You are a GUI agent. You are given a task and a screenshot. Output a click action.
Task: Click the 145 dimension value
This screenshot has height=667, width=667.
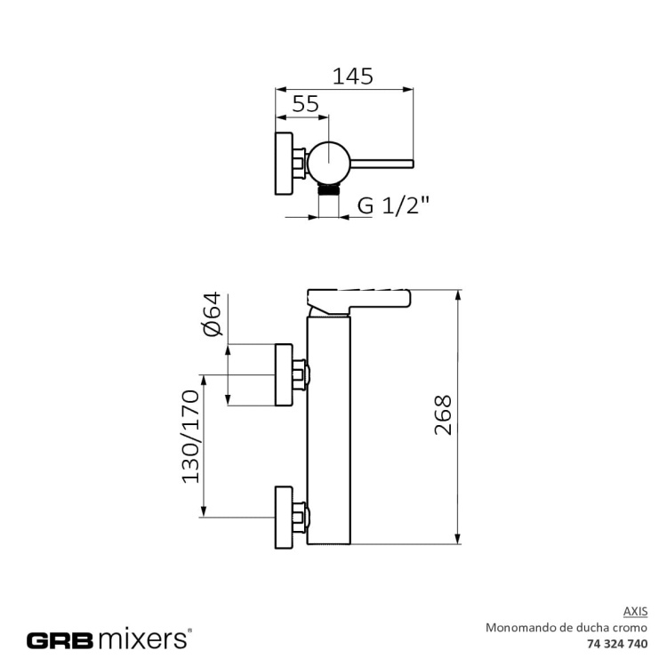pyautogui.click(x=352, y=76)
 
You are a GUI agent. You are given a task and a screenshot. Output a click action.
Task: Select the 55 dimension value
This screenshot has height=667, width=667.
pyautogui.click(x=305, y=104)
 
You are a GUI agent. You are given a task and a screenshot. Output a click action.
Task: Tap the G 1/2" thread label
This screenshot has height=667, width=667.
pyautogui.click(x=393, y=205)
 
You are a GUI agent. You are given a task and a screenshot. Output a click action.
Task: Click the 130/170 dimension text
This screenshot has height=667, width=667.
pyautogui.click(x=190, y=436)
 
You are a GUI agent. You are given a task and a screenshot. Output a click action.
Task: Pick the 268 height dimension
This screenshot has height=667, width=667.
pyautogui.click(x=443, y=415)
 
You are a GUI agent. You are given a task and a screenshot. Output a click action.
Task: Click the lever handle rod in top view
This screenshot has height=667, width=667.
pyautogui.click(x=382, y=163)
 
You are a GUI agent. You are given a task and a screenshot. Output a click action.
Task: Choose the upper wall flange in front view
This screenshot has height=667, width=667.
pyautogui.click(x=285, y=374)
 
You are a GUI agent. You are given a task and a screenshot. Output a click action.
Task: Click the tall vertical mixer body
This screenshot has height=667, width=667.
pyautogui.click(x=329, y=427)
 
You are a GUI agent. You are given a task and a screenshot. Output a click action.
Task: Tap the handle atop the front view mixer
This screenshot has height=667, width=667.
pyautogui.click(x=360, y=298)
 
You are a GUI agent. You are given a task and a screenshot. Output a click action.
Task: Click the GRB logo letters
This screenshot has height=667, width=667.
pyautogui.click(x=60, y=639)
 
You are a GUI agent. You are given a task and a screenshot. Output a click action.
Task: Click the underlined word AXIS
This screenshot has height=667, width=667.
pyautogui.click(x=635, y=611)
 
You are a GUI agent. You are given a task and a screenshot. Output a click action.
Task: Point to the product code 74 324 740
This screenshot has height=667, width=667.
pyautogui.click(x=618, y=643)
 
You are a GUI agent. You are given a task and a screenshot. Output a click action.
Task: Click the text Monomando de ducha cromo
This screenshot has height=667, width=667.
pyautogui.click(x=567, y=627)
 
